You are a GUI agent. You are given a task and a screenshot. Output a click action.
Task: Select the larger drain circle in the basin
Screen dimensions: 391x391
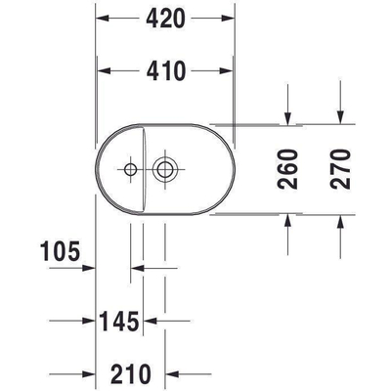click(x=164, y=169)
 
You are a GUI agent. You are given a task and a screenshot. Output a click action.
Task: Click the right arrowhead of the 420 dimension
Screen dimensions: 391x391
click(x=231, y=19)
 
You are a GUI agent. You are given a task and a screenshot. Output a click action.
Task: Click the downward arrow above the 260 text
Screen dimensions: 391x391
click(x=288, y=118)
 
